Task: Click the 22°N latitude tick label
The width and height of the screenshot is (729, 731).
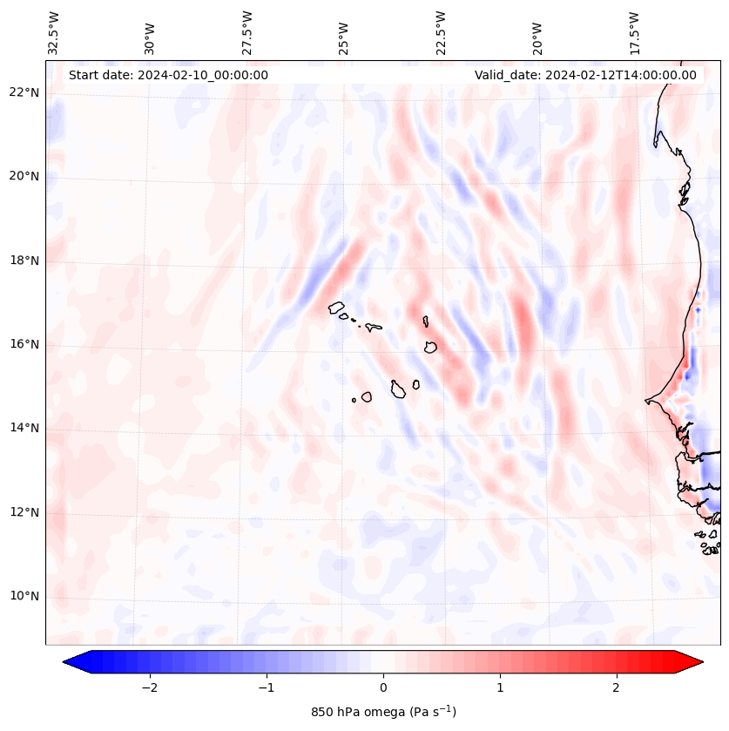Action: click(x=24, y=93)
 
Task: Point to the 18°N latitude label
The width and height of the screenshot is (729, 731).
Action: click(x=24, y=261)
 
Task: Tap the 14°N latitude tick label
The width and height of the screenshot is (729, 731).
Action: click(x=24, y=428)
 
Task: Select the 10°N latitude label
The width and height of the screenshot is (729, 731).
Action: click(x=24, y=596)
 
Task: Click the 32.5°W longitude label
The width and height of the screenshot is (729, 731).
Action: click(x=54, y=33)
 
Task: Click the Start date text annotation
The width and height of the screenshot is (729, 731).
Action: click(x=168, y=75)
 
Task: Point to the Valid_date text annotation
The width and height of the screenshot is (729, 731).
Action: click(x=585, y=75)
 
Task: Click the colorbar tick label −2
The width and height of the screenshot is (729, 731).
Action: click(x=149, y=687)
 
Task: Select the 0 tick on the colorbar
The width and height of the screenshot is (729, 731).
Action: click(x=383, y=687)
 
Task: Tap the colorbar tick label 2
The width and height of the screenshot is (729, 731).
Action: click(x=617, y=687)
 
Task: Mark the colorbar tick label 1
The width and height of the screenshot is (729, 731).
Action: click(x=500, y=687)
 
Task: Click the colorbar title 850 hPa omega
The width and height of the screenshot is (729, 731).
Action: click(x=383, y=712)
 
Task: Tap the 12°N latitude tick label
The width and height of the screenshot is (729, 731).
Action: click(x=24, y=512)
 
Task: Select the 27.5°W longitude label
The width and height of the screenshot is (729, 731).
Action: click(x=247, y=33)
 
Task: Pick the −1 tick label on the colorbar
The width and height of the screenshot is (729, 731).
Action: click(x=266, y=687)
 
